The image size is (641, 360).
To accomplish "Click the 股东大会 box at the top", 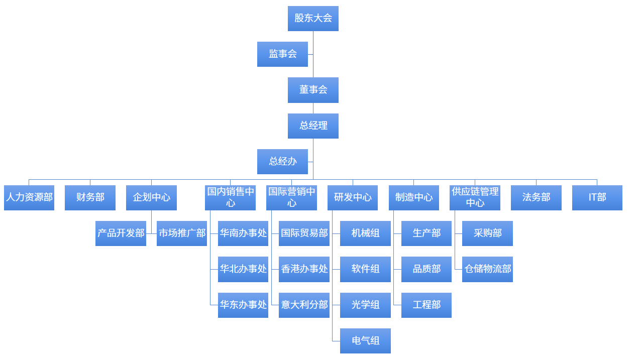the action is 313,18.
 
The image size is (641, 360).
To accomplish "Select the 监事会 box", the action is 282,54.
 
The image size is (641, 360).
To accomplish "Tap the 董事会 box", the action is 313,90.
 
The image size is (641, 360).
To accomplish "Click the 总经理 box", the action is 313,126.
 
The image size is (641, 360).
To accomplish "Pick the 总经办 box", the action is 282,162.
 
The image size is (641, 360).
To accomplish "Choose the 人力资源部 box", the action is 29,198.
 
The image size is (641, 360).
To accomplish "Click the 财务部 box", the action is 90,198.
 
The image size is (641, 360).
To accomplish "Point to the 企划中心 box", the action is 151,198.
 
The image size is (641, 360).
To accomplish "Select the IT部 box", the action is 597,198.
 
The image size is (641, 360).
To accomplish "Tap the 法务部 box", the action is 537,198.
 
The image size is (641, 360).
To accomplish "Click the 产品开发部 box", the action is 121,233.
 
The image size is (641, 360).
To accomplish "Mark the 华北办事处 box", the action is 243,269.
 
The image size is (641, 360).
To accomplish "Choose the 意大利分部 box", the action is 304,305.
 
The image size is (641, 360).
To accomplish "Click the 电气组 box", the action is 365,341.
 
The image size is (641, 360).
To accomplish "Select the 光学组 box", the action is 365,305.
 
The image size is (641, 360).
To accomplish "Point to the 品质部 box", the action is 426,269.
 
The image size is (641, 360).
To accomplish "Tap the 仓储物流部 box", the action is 487,269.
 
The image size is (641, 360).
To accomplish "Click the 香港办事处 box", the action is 304,269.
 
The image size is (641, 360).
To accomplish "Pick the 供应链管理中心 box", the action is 475,198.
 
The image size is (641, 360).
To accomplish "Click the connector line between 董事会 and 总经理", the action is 313,108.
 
